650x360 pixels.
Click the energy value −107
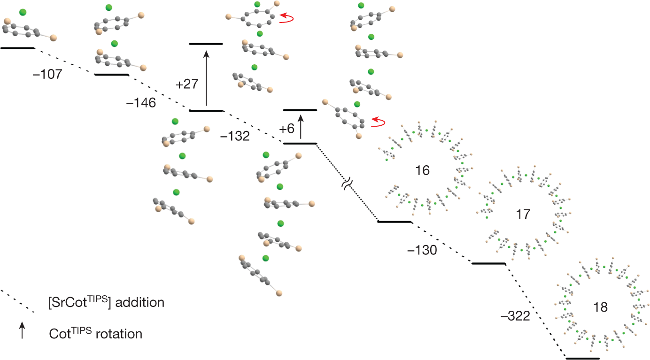pos(48,74)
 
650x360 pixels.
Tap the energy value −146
pos(141,103)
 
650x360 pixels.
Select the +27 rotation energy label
pos(187,84)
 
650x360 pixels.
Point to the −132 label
pos(235,136)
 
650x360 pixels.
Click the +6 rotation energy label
pos(286,129)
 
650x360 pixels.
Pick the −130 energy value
pos(422,251)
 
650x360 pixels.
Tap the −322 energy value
pos(515,316)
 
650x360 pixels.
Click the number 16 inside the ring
pos(423,170)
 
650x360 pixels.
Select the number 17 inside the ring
pos(523,214)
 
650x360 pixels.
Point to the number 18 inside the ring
pos(601,307)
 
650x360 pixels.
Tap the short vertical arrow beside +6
pos(301,127)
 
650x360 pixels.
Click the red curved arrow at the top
pos(286,18)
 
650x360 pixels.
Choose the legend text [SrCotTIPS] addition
pos(106,302)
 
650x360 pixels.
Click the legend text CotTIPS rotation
pos(95,334)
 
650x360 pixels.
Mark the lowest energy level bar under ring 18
pos(582,358)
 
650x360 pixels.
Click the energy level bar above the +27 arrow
pos(206,44)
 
